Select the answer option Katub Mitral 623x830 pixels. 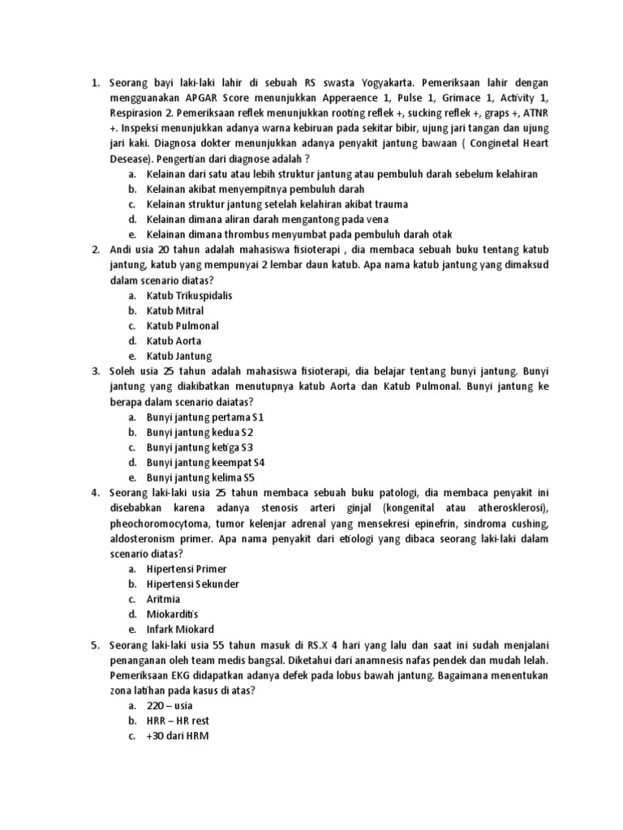(174, 310)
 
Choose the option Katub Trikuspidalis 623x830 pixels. (189, 296)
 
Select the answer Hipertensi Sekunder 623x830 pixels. (193, 584)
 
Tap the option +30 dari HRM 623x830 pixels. (178, 735)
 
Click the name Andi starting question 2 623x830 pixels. (121, 250)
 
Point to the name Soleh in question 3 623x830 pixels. (123, 371)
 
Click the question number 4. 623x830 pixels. (94, 493)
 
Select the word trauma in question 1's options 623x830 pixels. (391, 204)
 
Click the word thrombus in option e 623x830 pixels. (246, 234)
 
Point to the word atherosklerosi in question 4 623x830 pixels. (497, 507)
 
